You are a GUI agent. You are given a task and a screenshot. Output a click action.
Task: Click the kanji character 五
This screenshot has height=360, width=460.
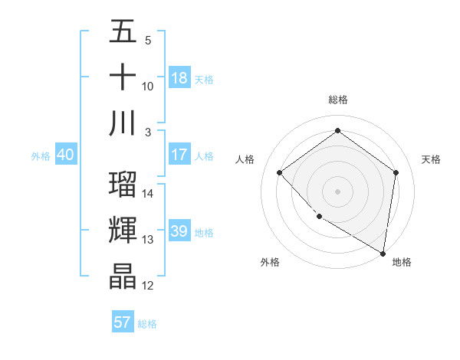pos(123,33)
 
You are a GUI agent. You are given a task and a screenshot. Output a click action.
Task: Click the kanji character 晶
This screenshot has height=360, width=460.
pos(123,277)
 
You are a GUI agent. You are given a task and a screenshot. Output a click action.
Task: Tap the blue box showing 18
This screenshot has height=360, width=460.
pos(179,78)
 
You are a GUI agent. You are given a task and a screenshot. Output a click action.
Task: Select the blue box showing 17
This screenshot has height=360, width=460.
pos(179,155)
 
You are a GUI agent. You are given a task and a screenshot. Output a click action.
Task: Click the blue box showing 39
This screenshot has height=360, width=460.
pos(179,231)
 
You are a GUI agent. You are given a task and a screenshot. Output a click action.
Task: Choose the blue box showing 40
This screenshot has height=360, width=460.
pos(65,155)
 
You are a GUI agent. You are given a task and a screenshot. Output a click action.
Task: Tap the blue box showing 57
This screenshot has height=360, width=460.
pos(123,322)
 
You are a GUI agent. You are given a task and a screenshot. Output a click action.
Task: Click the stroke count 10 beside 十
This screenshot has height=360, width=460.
pos(148,87)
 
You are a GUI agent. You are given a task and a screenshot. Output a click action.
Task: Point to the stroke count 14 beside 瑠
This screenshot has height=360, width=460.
pos(148,194)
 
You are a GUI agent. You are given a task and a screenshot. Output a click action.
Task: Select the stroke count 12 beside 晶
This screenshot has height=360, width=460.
pos(148,286)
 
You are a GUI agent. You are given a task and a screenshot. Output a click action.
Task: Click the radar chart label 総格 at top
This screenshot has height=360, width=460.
pos(337,100)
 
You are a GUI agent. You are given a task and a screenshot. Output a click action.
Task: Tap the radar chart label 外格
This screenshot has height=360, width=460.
pos(270,262)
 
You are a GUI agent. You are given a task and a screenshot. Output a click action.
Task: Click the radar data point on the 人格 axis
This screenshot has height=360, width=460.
pos(280,173)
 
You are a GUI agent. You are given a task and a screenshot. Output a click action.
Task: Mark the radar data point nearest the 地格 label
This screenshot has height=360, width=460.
pos(383,253)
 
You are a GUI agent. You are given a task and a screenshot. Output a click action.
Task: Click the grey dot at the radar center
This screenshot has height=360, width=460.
pos(337,191)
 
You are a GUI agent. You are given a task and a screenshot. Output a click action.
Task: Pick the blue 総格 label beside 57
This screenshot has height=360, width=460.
pos(147,324)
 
